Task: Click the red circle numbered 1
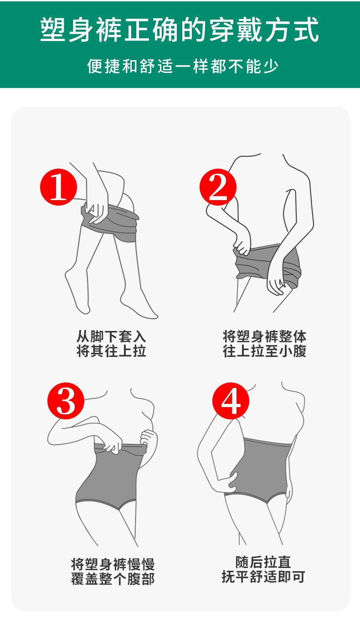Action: click(58, 187)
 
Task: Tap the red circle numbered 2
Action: click(218, 187)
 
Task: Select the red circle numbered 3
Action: click(66, 401)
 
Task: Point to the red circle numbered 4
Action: click(231, 401)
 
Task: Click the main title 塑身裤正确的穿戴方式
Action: click(180, 30)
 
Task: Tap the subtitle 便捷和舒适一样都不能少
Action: click(183, 67)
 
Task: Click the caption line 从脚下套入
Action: click(111, 336)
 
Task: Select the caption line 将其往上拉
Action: click(111, 351)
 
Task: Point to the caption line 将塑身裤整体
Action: click(264, 336)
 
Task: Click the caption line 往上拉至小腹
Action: click(264, 351)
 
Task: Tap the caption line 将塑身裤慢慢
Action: click(113, 564)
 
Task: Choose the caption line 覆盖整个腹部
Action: click(113, 579)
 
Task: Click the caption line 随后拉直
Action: click(263, 562)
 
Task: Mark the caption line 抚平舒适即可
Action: click(263, 577)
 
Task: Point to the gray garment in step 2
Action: click(267, 264)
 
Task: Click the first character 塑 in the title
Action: click(53, 30)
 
